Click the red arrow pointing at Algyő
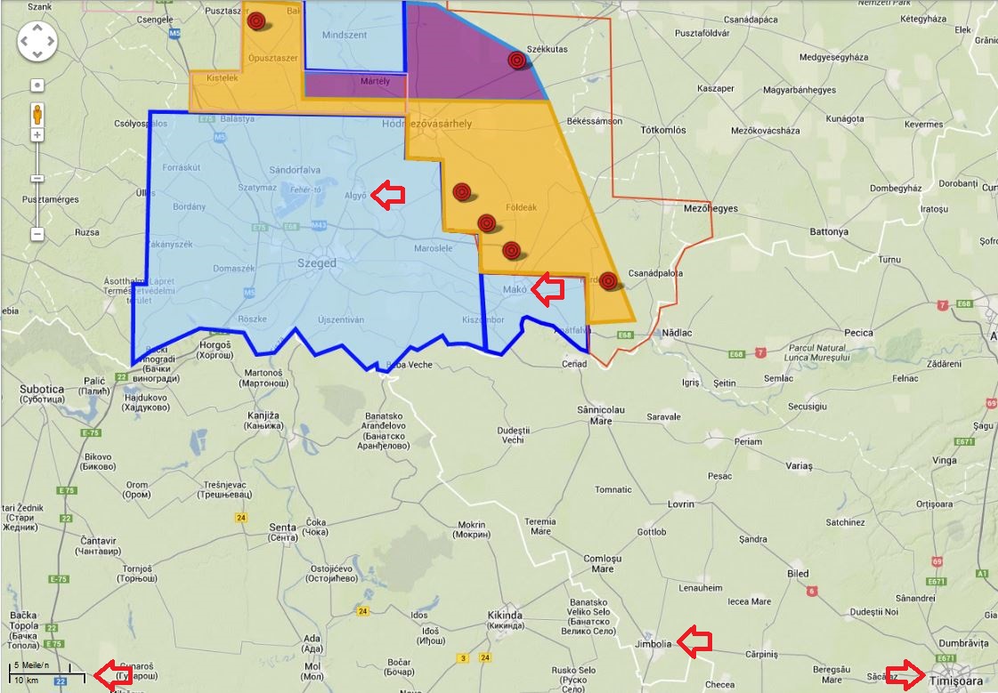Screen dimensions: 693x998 pyautogui.click(x=388, y=196)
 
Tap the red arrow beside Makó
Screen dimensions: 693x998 pyautogui.click(x=548, y=288)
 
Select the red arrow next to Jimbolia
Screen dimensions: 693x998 pyautogui.click(x=694, y=641)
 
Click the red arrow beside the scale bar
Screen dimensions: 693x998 pyautogui.click(x=113, y=675)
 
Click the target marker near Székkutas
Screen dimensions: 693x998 pyautogui.click(x=517, y=60)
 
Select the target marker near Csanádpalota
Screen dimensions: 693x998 pyautogui.click(x=608, y=281)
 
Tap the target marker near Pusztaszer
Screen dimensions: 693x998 pyautogui.click(x=256, y=20)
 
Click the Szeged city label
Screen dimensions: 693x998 pyautogui.click(x=317, y=264)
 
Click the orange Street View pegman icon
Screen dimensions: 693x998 pyautogui.click(x=37, y=114)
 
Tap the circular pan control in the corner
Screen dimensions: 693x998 pyautogui.click(x=37, y=41)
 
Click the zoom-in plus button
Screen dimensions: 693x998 pyautogui.click(x=37, y=135)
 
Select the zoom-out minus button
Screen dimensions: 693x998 pyautogui.click(x=37, y=234)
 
